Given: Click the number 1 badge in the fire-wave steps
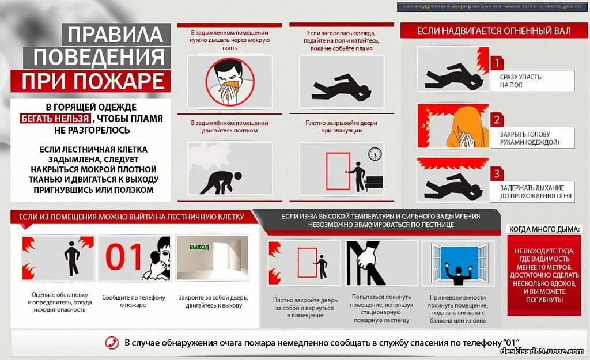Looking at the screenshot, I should (x=496, y=63).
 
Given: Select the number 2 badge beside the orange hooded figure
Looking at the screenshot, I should (x=496, y=120).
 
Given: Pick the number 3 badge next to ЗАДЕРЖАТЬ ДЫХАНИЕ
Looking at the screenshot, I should (x=496, y=173).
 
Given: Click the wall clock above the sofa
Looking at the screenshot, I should (x=375, y=154).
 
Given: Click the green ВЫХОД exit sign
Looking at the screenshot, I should (x=199, y=247).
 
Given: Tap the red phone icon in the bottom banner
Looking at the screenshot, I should (x=112, y=343).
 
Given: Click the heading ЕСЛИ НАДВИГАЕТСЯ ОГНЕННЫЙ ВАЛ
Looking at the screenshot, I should (x=494, y=31).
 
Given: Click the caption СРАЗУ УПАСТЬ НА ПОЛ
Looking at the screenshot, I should (x=520, y=81).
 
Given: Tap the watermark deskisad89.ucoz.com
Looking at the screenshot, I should (x=542, y=351).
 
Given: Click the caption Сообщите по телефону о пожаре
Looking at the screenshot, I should (x=134, y=301).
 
